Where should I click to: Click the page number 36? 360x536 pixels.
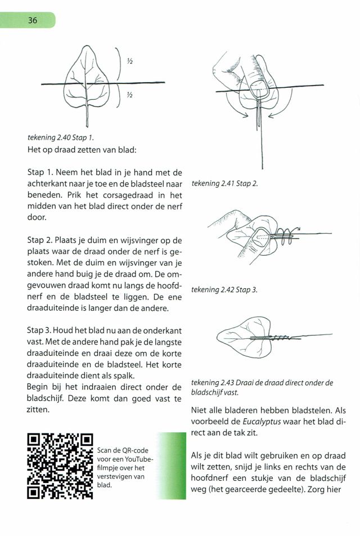tap(32, 20)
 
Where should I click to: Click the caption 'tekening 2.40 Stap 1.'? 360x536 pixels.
tap(61, 137)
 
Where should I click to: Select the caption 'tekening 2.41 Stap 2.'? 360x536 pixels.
tap(224, 184)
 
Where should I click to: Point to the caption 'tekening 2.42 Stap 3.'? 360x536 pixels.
tap(224, 289)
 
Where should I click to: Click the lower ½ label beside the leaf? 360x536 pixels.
tap(130, 95)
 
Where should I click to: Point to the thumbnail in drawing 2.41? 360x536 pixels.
tap(259, 87)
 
